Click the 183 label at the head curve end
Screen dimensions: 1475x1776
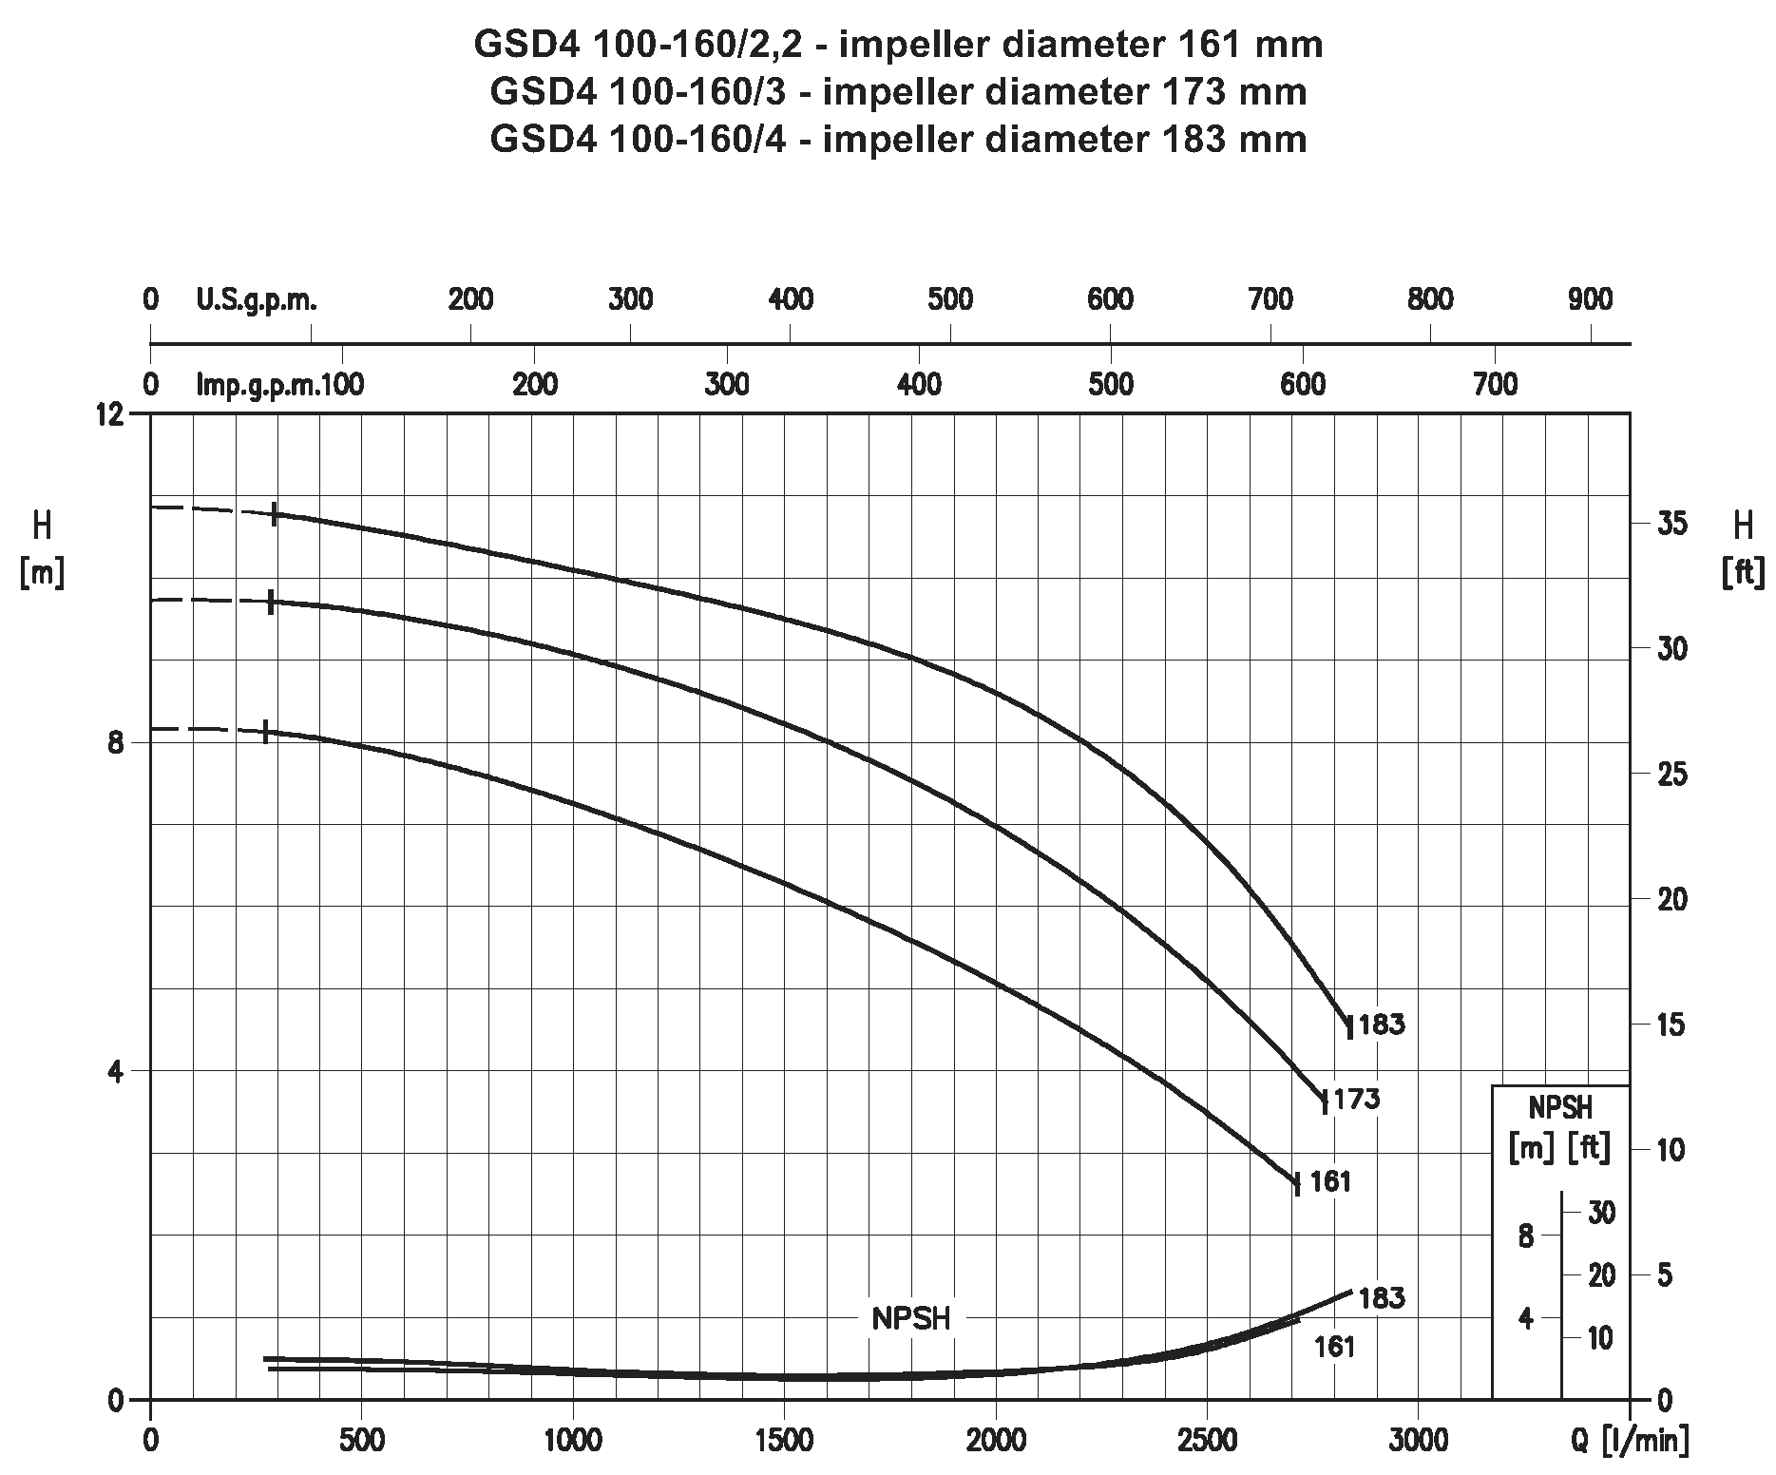1382,1025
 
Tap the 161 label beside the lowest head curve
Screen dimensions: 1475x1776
1330,1181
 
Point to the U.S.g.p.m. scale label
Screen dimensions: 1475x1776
257,300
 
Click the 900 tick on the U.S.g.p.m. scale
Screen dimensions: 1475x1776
1590,300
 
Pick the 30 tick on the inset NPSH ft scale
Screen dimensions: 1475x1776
1601,1213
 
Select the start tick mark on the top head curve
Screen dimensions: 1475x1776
275,514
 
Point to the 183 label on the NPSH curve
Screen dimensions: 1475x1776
1382,1298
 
